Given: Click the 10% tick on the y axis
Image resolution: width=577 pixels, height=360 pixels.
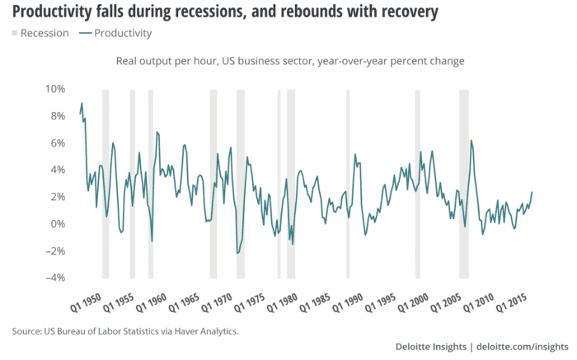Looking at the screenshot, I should (x=54, y=89).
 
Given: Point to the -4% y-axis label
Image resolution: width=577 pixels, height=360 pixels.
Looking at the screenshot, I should (x=55, y=278).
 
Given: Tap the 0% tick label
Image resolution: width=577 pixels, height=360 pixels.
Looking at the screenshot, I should (x=57, y=224).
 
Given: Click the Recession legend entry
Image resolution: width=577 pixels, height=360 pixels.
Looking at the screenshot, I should (x=40, y=34).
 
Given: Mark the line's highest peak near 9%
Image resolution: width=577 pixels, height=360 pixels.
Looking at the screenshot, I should (x=82, y=103).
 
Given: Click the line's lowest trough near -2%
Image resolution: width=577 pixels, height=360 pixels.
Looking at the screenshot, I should (x=237, y=253).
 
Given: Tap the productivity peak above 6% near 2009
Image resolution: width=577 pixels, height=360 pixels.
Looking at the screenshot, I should (x=471, y=140).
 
